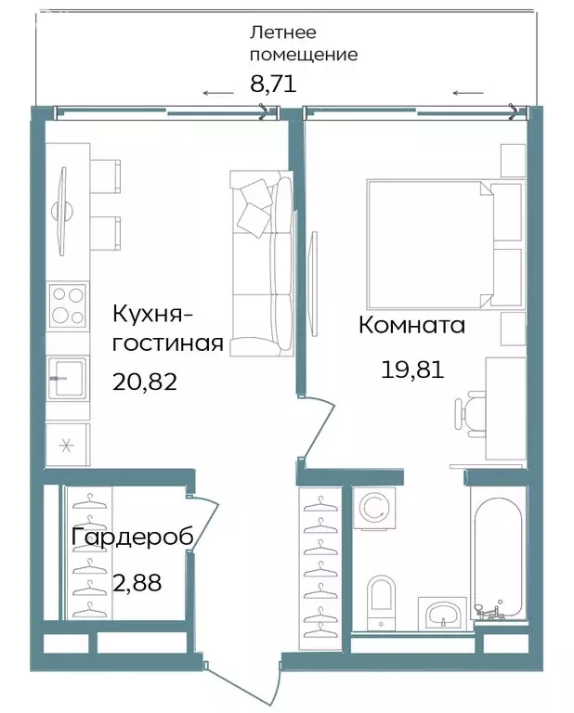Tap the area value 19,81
coord(411,370)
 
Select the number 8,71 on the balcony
coord(272,84)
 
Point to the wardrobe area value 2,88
coord(136,584)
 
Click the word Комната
coord(411,326)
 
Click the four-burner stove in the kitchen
coord(68,305)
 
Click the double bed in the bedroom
coord(431,245)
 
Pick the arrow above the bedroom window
coord(469,93)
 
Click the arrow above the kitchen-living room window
coord(218,93)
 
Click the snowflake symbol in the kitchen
coord(67,444)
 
